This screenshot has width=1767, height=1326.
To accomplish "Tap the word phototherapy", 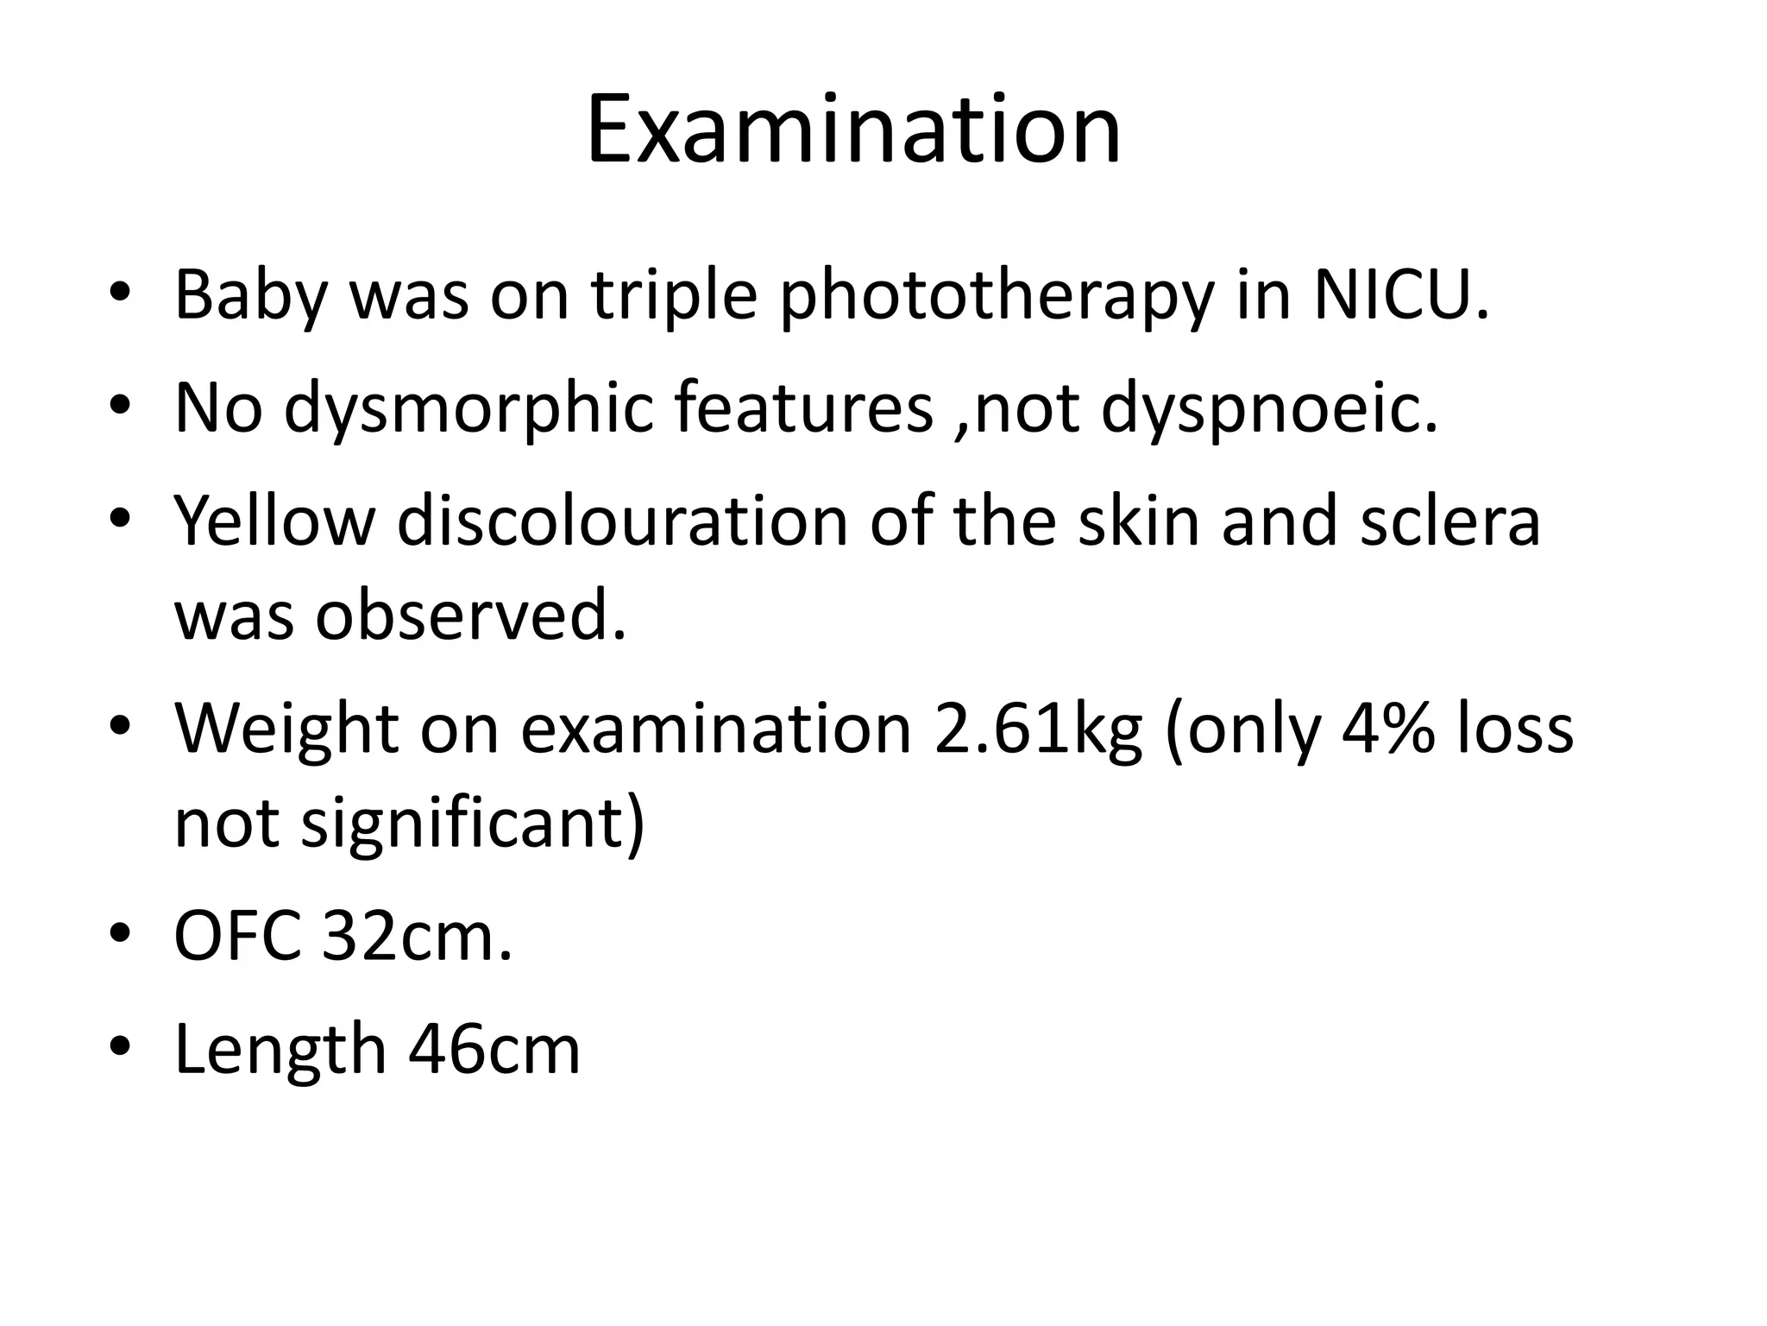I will pyautogui.click(x=996, y=295).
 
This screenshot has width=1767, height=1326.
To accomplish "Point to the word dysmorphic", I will pyautogui.click(x=468, y=407).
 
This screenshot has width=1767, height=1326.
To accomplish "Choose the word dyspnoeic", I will pyautogui.click(x=1269, y=407).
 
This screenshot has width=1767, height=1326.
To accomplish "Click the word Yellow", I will pyautogui.click(x=275, y=521).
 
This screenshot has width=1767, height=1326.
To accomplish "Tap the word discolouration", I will pyautogui.click(x=622, y=521).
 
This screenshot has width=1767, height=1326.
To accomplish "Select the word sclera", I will pyautogui.click(x=1450, y=521).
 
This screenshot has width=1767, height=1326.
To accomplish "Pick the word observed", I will pyautogui.click(x=470, y=616).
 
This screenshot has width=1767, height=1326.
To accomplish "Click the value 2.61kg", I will pyautogui.click(x=1038, y=729).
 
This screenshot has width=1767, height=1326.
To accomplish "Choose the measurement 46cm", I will pyautogui.click(x=494, y=1050).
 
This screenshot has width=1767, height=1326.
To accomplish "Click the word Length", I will pyautogui.click(x=280, y=1050).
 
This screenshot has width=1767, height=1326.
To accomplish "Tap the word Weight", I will pyautogui.click(x=286, y=729).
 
